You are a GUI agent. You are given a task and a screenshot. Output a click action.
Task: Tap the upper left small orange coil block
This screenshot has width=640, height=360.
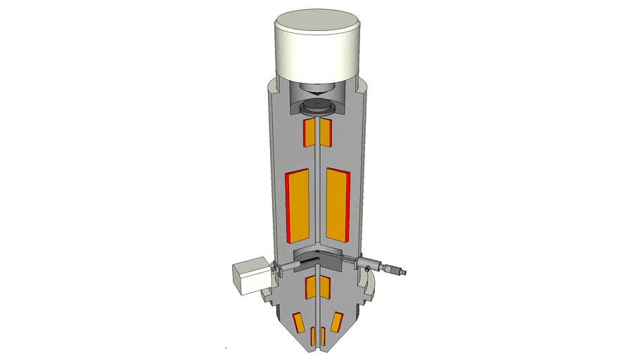[x=309, y=132]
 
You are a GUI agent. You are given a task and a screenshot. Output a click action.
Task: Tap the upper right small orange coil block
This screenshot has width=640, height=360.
[x=326, y=131]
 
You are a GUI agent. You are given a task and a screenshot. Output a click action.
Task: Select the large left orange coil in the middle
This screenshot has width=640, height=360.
[x=298, y=205]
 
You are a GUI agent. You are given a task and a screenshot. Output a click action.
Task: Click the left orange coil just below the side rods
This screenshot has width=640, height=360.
[x=310, y=287]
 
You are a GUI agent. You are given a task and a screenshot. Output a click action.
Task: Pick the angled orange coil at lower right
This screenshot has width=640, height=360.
[x=336, y=321]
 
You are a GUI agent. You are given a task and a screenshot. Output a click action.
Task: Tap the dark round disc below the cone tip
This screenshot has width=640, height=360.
[x=319, y=108]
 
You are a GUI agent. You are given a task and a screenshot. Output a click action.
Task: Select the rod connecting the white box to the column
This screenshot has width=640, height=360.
[x=281, y=267]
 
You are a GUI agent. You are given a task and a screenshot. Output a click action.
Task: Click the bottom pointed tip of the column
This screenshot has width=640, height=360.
[x=319, y=349]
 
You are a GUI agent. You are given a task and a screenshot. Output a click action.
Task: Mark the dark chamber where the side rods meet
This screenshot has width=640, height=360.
[x=318, y=258]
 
